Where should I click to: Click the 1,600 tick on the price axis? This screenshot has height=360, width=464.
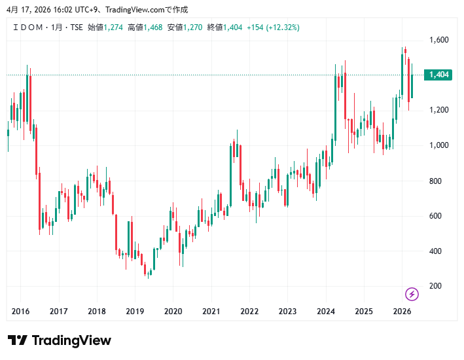438,40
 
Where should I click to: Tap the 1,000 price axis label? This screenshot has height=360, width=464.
438,145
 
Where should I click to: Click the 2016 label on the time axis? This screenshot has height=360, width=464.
21,312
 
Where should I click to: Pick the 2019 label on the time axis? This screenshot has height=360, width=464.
135,312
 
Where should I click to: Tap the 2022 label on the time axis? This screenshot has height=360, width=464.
249,312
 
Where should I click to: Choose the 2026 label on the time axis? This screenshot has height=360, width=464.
402,312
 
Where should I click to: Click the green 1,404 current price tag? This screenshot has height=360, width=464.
438,75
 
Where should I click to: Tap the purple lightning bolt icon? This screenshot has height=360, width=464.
412,294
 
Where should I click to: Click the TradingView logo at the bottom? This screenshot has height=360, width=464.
60,340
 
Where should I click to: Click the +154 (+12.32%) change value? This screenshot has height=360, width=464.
273,27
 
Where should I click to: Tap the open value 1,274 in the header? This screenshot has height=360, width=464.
114,27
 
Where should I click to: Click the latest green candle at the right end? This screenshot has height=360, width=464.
412,86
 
